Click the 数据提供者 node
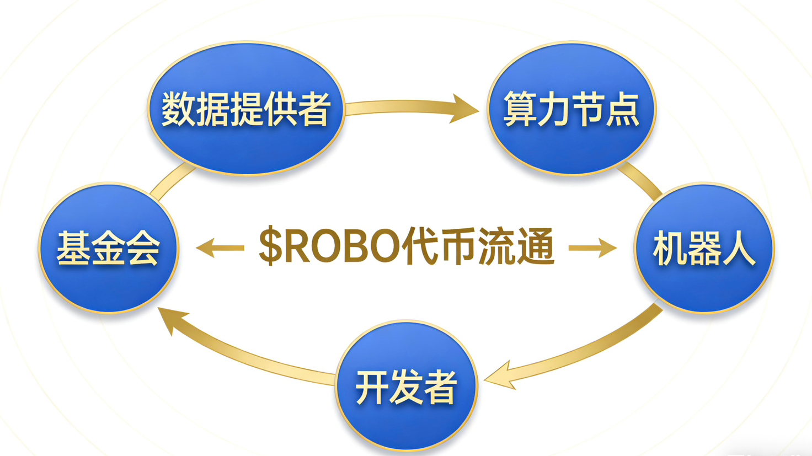click(x=246, y=108)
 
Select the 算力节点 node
click(x=571, y=108)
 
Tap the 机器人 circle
click(x=704, y=248)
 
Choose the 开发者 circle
click(x=406, y=386)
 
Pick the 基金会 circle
click(x=109, y=248)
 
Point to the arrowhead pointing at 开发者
click(x=499, y=376)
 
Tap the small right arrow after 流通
click(x=593, y=248)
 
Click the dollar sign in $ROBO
click(x=270, y=246)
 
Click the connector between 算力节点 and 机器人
click(x=640, y=180)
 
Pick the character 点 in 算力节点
click(x=623, y=109)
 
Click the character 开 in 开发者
click(x=372, y=387)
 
